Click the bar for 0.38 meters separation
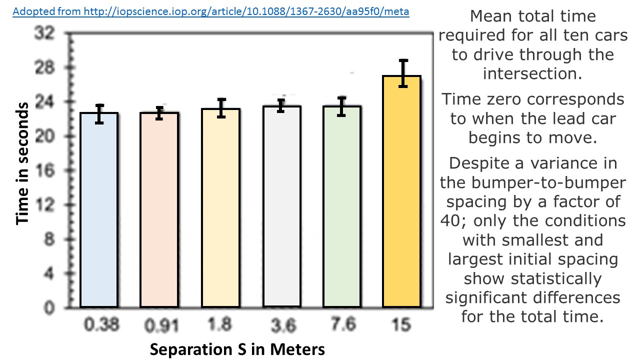coord(99,210)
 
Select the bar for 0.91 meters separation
coord(159,210)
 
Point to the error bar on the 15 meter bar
coord(403,73)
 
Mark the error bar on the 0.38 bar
coord(99,114)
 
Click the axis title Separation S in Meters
coord(237,349)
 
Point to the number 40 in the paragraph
coord(452,220)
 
